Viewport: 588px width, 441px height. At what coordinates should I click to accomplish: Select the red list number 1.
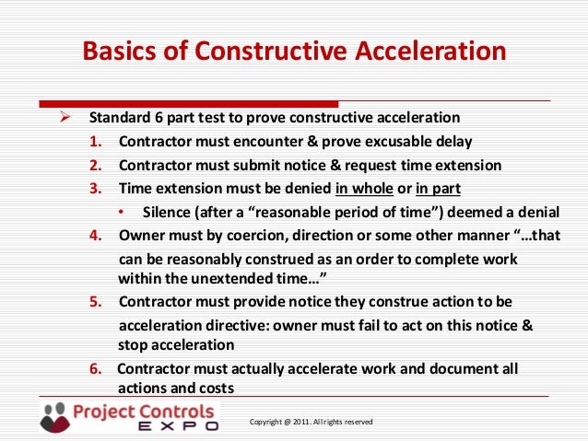(x=96, y=142)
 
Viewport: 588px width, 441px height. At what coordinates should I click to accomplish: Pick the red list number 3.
(x=96, y=189)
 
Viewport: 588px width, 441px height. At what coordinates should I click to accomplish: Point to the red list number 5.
(x=96, y=302)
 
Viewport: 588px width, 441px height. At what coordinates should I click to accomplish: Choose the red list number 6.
(x=96, y=369)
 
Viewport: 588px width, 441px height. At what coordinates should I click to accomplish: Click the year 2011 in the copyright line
(x=297, y=422)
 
